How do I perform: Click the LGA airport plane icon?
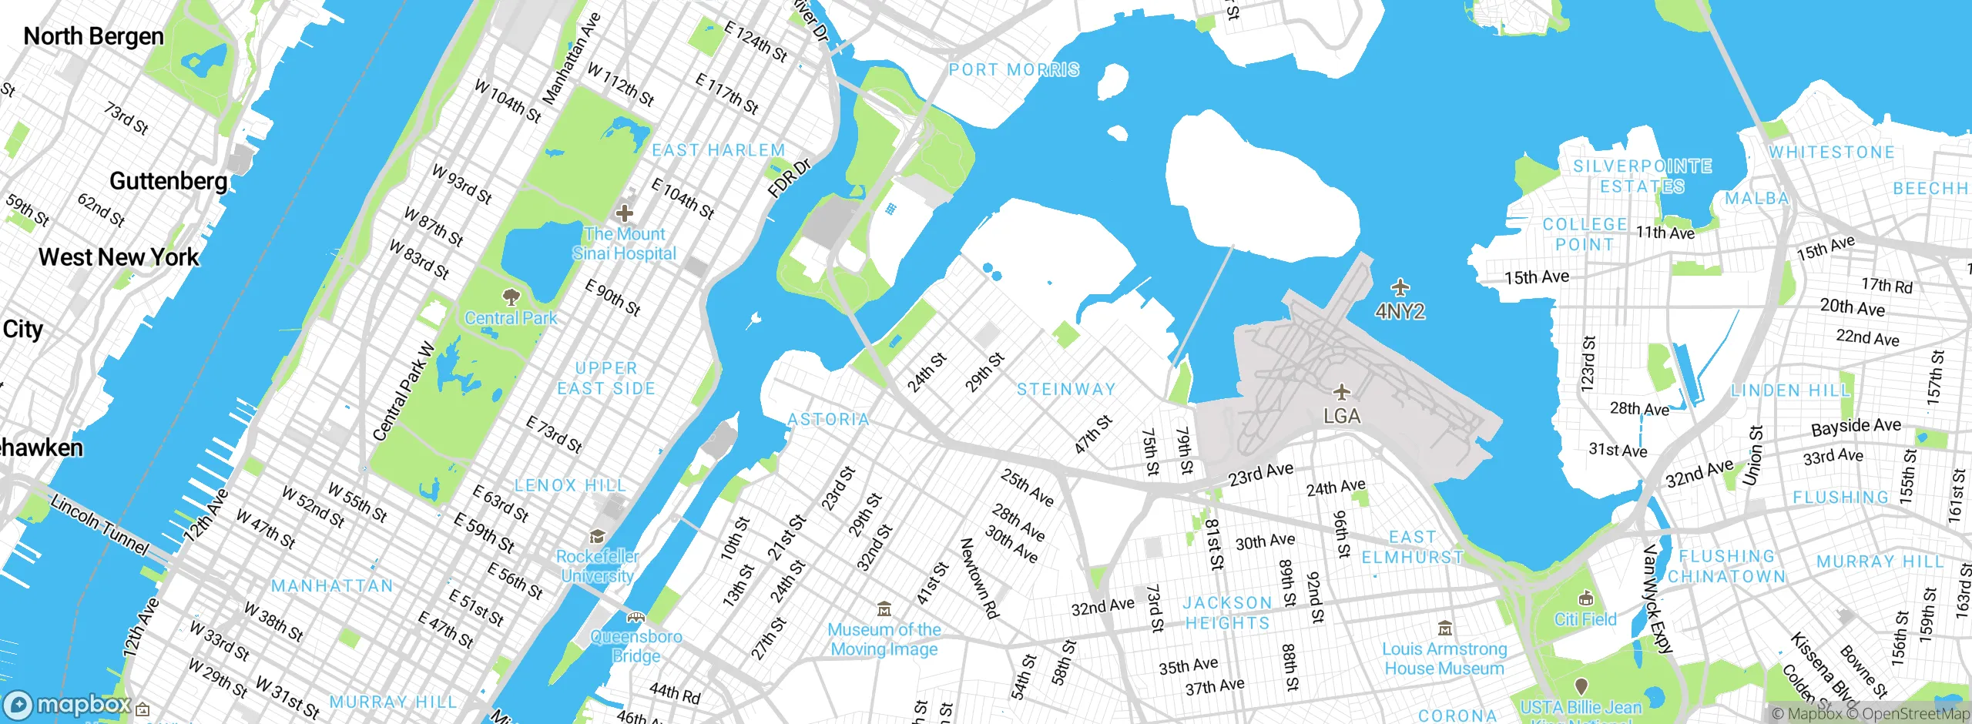pyautogui.click(x=1342, y=392)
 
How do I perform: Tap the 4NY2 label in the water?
pyautogui.click(x=1400, y=311)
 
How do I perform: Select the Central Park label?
pyautogui.click(x=511, y=317)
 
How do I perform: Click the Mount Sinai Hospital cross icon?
pyautogui.click(x=624, y=213)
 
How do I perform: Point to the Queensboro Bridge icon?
pyautogui.click(x=636, y=617)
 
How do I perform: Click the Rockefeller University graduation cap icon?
pyautogui.click(x=597, y=536)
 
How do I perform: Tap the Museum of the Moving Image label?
pyautogui.click(x=884, y=639)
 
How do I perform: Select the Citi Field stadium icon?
pyautogui.click(x=1585, y=598)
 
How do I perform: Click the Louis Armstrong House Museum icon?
pyautogui.click(x=1445, y=628)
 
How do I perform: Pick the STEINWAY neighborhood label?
pyautogui.click(x=1066, y=389)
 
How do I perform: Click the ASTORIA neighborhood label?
pyautogui.click(x=828, y=419)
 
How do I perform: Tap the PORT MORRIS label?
pyautogui.click(x=1014, y=69)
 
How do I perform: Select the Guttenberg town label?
pyautogui.click(x=168, y=181)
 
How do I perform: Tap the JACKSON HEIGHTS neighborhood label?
pyautogui.click(x=1227, y=613)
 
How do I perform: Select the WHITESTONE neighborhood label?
pyautogui.click(x=1831, y=152)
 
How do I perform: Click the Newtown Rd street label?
pyautogui.click(x=979, y=578)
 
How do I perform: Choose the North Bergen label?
pyautogui.click(x=93, y=36)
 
